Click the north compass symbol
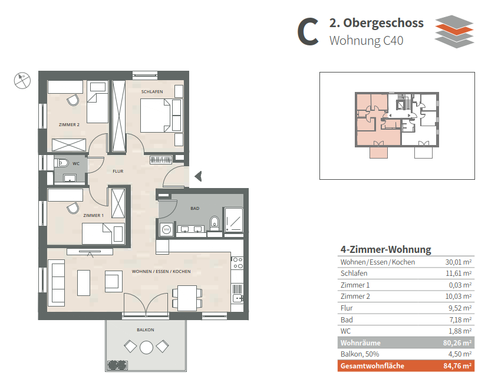click(22, 80)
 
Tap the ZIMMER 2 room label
click(69, 124)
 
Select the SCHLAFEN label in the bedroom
click(152, 91)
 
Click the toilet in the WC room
click(62, 163)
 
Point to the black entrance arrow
click(198, 176)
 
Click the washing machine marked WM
click(167, 230)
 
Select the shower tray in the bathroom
click(233, 220)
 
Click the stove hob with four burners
click(238, 262)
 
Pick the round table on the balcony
click(146, 347)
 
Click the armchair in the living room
click(113, 281)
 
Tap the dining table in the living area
click(187, 298)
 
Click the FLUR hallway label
click(118, 171)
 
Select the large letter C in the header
click(308, 32)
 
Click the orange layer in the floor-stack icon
click(454, 30)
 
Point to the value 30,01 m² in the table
click(458, 262)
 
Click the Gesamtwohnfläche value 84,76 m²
click(457, 366)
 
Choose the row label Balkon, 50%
click(360, 354)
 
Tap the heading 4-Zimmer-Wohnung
click(385, 249)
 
